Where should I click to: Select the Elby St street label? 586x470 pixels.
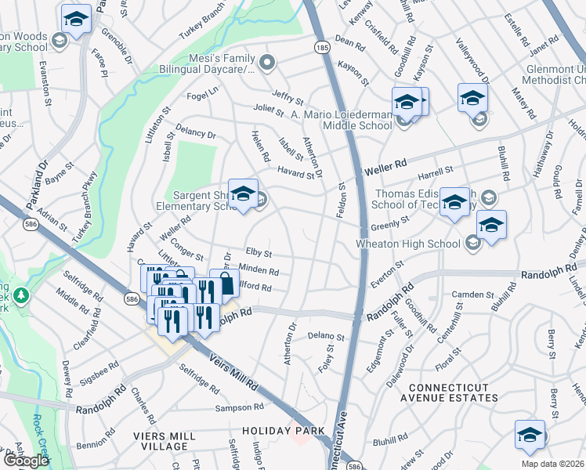coord(259,254)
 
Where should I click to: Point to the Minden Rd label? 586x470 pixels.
coord(259,271)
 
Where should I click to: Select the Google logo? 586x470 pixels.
coord(26,461)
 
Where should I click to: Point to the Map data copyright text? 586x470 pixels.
coord(552,464)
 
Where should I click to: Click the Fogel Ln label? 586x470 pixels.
coord(203,93)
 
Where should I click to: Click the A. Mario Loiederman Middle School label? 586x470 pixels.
coord(341,120)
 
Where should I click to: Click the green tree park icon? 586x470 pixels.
coord(23,295)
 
